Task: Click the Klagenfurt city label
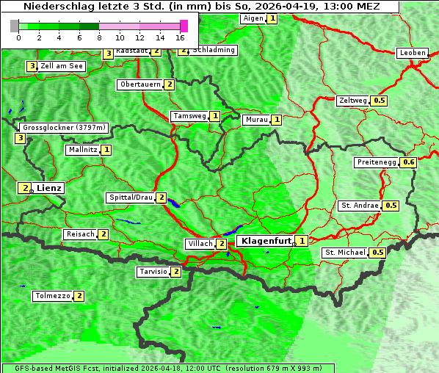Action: click(x=266, y=240)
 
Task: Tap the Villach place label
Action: click(x=200, y=244)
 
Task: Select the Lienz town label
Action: click(x=49, y=188)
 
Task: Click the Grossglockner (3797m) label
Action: click(x=64, y=128)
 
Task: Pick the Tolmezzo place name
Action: click(x=52, y=296)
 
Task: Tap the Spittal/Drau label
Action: click(x=131, y=198)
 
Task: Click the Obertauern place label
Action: click(x=139, y=84)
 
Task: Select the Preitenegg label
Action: click(x=377, y=162)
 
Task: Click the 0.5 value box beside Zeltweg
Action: click(x=380, y=101)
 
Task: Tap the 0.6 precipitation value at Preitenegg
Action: click(x=409, y=162)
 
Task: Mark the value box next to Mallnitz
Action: click(x=106, y=150)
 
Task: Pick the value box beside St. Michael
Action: click(x=377, y=253)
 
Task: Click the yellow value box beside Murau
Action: click(x=276, y=120)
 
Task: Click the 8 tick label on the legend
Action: click(x=99, y=37)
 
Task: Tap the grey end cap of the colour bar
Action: click(x=14, y=26)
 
